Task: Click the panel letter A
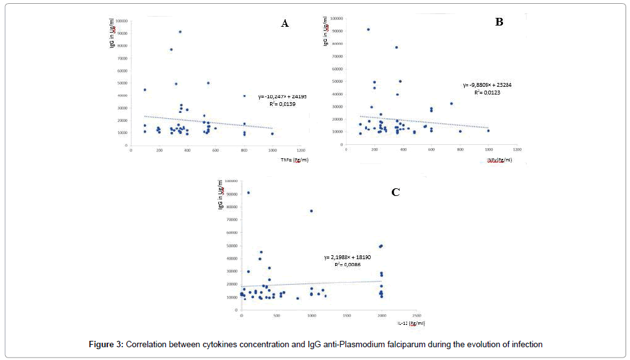285,24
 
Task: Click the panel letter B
499,22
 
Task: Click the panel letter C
395,192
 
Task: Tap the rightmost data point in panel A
273,133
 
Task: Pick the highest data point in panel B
368,29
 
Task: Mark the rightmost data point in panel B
488,131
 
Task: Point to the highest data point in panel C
248,193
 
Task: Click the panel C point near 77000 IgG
311,211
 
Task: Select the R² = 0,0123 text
486,93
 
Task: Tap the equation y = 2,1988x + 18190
348,257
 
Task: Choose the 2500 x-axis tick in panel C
417,316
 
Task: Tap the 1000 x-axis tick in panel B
488,149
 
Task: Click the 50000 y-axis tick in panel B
338,81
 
